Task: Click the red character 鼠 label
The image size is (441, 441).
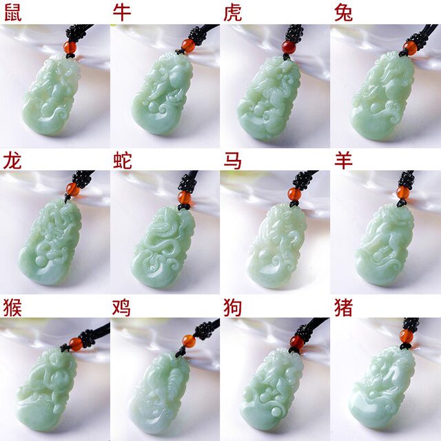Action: (x=12, y=12)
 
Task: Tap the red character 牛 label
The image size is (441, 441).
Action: (x=122, y=12)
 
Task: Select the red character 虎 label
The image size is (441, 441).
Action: (x=233, y=12)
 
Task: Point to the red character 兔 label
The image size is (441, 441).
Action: (x=343, y=12)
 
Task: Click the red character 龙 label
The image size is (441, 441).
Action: (x=12, y=161)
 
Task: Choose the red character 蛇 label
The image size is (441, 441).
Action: (x=122, y=161)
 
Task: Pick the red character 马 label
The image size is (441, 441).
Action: (x=233, y=161)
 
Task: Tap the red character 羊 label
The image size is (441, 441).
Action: (x=343, y=161)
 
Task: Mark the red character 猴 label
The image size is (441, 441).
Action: (x=12, y=307)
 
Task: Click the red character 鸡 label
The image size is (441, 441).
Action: (x=122, y=307)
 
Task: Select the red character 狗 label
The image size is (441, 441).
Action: (x=233, y=307)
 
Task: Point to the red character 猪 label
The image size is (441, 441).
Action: (x=343, y=307)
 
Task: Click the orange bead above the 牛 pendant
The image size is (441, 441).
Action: (x=187, y=46)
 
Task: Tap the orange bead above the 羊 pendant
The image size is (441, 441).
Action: (x=403, y=192)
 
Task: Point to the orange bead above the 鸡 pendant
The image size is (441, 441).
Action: (x=189, y=341)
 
